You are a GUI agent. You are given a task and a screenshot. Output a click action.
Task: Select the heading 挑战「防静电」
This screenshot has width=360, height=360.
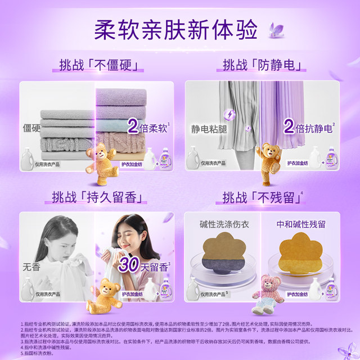[262, 64]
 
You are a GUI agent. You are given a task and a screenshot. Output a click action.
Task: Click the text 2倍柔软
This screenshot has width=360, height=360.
[148, 126]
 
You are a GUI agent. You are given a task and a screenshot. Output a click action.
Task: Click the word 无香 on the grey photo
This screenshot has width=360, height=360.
[31, 267]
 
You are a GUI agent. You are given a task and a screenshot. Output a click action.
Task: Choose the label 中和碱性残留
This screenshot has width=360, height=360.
[303, 224]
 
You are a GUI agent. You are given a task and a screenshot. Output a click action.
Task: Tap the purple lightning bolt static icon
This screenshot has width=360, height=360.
[230, 115]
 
